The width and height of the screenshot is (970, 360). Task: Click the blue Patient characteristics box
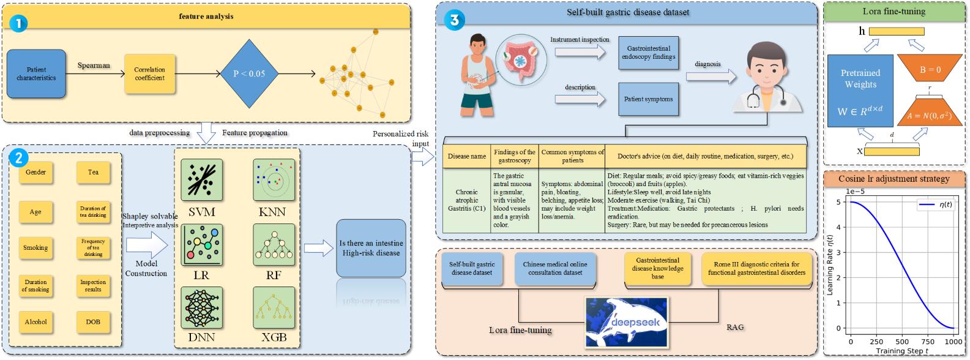pyautogui.click(x=36, y=74)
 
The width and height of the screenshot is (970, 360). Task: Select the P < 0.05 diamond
pyautogui.click(x=249, y=73)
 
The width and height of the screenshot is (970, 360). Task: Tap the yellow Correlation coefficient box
pyautogui.click(x=149, y=73)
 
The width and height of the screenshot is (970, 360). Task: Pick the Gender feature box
pyautogui.click(x=35, y=173)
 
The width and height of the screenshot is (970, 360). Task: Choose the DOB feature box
pyautogui.click(x=93, y=321)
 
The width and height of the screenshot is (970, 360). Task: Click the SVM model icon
pyautogui.click(x=201, y=180)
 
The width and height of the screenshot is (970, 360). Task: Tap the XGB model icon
pyautogui.click(x=274, y=308)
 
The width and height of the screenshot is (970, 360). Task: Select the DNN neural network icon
pyautogui.click(x=201, y=308)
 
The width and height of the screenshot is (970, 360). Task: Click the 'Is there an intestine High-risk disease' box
pyautogui.click(x=371, y=248)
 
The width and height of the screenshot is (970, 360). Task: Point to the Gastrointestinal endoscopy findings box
pyautogui.click(x=649, y=53)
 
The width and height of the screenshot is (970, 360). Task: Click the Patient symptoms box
pyautogui.click(x=648, y=99)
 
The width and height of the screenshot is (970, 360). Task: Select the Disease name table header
pyautogui.click(x=467, y=156)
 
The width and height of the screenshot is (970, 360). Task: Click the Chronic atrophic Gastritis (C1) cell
pyautogui.click(x=467, y=200)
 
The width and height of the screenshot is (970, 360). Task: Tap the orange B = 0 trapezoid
pyautogui.click(x=930, y=70)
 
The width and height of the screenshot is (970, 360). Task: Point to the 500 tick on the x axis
pyautogui.click(x=902, y=342)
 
